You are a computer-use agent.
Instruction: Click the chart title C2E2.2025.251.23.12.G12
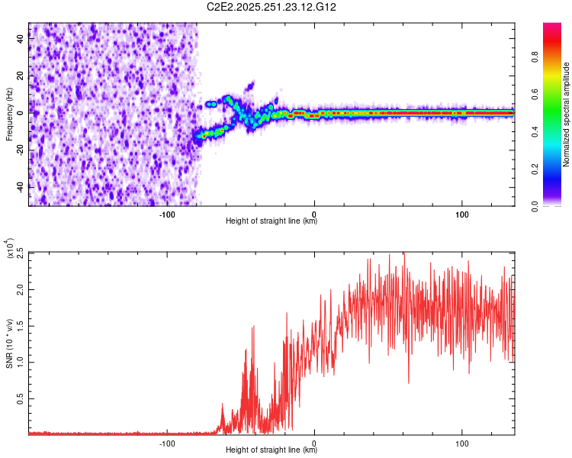(x=272, y=7)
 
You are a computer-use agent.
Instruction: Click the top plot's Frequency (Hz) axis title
(x=9, y=114)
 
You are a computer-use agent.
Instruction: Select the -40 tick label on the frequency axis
(x=19, y=186)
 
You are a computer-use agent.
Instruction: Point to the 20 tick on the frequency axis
(x=21, y=75)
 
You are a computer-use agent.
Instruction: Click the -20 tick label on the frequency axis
(x=19, y=150)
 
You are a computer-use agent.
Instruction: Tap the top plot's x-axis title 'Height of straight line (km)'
(x=272, y=221)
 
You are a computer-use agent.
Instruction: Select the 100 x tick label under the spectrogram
(x=462, y=213)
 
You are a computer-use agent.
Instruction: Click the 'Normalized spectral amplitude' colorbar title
(x=566, y=114)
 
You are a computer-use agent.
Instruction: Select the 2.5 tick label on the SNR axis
(x=20, y=253)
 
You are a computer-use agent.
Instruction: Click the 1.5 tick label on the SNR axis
(x=20, y=326)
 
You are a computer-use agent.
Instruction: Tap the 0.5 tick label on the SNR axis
(x=20, y=399)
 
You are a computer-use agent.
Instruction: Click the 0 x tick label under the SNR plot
(x=315, y=442)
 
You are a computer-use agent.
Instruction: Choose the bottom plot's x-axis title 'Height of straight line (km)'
(x=272, y=450)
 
